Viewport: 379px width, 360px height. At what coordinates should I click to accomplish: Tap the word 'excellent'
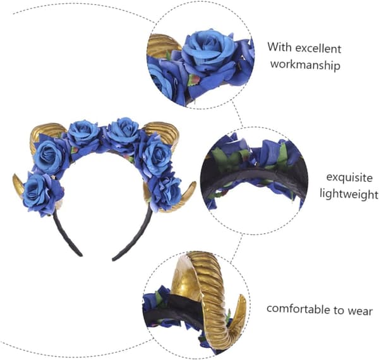pyautogui.click(x=318, y=49)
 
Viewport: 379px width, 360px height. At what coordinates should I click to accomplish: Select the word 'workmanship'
pyautogui.click(x=305, y=65)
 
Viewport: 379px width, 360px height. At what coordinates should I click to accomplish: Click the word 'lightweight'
pyautogui.click(x=349, y=194)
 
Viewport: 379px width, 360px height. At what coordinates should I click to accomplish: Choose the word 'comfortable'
pyautogui.click(x=298, y=309)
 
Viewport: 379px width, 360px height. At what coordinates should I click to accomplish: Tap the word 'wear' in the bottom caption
pyautogui.click(x=360, y=311)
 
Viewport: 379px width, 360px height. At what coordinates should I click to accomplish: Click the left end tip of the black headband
pyautogui.click(x=81, y=255)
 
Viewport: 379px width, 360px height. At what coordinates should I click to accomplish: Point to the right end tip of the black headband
pyautogui.click(x=113, y=260)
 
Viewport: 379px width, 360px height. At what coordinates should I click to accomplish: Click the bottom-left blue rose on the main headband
pyautogui.click(x=42, y=192)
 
